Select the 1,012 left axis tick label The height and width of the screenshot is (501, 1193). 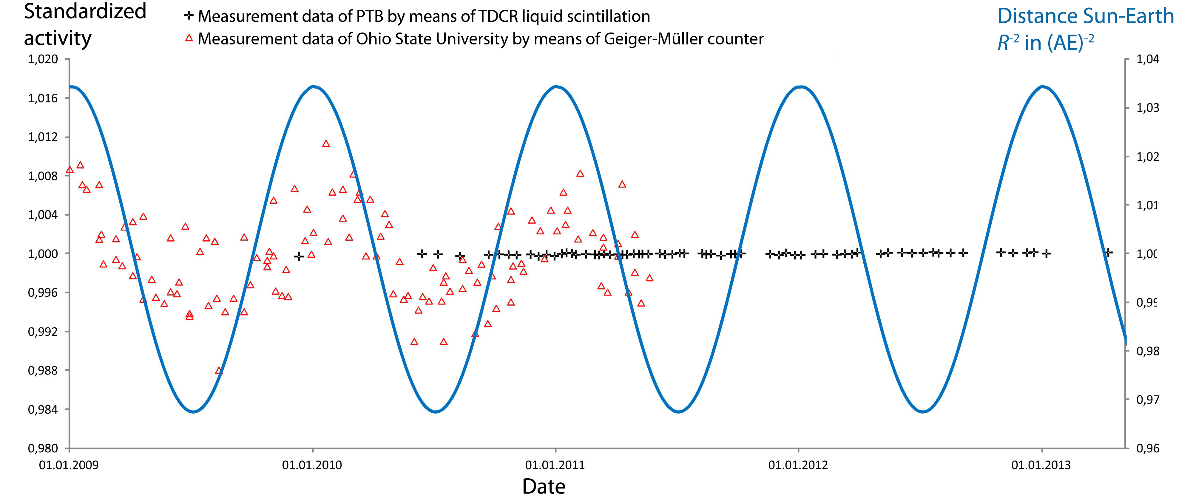[x=43, y=137]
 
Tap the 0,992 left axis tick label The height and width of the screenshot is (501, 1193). [x=43, y=332]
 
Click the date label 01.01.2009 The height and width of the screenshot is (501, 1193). [x=69, y=465]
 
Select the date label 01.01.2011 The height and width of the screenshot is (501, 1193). [x=555, y=465]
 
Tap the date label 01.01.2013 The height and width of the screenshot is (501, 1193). [x=1041, y=465]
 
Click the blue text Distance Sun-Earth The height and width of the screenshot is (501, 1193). [x=1085, y=16]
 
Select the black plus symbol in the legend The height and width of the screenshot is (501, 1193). [x=188, y=16]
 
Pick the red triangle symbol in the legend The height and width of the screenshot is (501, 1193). [x=189, y=38]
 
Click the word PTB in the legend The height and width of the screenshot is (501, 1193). [x=369, y=16]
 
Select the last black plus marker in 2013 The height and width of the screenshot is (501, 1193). [x=1108, y=252]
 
